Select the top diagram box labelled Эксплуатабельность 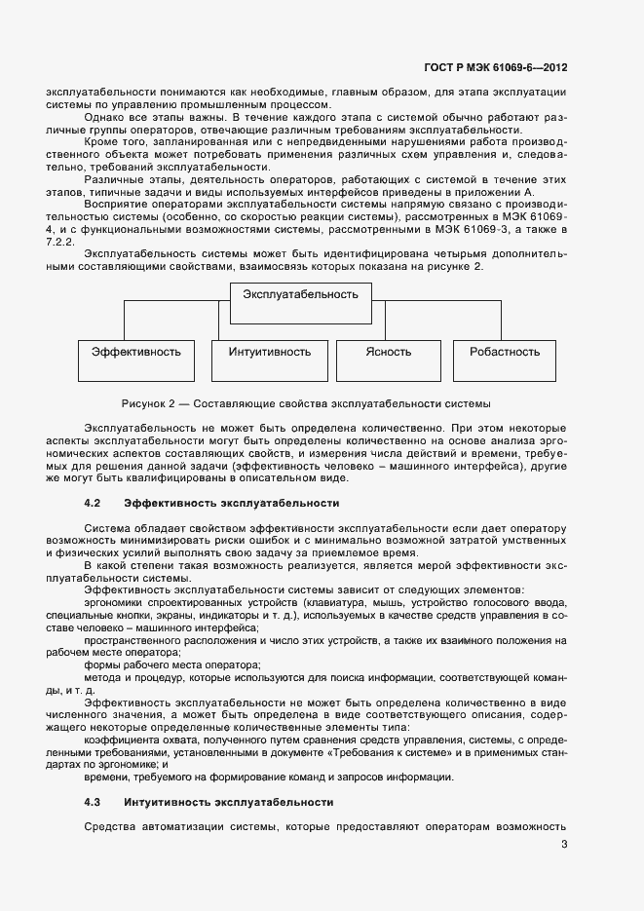point(300,293)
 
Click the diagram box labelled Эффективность point(136,352)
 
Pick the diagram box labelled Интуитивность point(270,352)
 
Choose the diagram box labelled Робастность point(504,352)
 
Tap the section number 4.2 point(94,503)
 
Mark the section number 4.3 point(94,802)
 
